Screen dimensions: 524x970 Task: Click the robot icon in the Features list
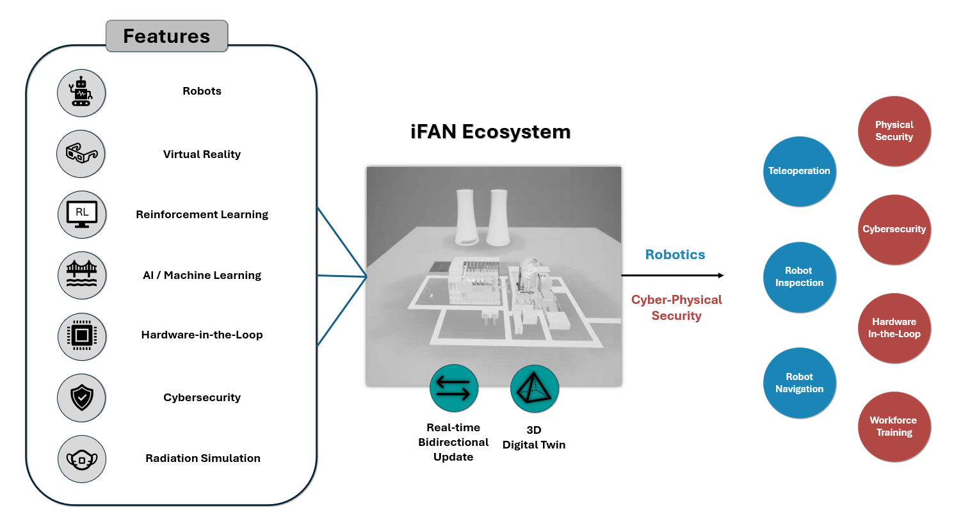coord(81,93)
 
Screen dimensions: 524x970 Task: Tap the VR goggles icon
coord(81,154)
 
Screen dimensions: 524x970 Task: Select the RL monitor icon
coord(82,214)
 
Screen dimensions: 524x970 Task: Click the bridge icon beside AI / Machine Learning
coord(82,275)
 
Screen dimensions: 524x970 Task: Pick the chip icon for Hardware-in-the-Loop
coord(82,336)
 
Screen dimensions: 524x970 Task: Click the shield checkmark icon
coord(81,397)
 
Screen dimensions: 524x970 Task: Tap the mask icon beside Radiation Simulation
coord(82,459)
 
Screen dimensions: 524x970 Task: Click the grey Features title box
coord(166,36)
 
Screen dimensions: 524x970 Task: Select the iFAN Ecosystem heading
coord(490,132)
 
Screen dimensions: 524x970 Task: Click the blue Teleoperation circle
coord(799,171)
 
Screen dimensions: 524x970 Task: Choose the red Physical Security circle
coord(894,131)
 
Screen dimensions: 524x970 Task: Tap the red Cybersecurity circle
coord(894,229)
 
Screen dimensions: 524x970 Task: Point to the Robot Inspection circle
coord(799,277)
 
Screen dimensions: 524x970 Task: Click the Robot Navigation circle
coord(799,383)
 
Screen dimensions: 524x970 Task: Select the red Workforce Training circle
coord(894,426)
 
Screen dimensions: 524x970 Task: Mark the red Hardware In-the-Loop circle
coord(894,328)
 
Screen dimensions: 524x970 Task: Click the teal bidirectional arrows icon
coord(453,388)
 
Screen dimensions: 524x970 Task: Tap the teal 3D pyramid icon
coord(534,388)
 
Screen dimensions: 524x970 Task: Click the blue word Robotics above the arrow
coord(675,255)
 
